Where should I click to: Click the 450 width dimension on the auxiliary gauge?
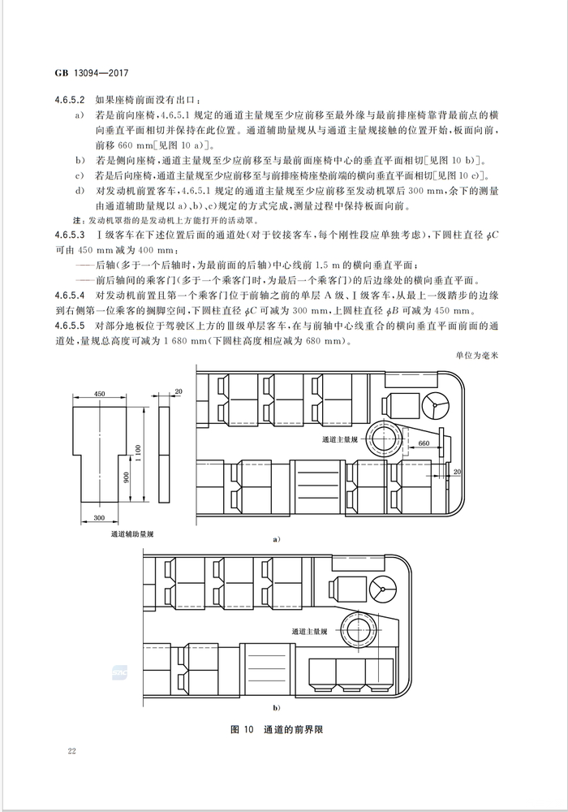pyautogui.click(x=100, y=394)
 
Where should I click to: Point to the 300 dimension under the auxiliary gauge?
pyautogui.click(x=98, y=518)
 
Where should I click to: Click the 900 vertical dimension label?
pyautogui.click(x=127, y=477)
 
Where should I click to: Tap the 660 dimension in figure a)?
pyautogui.click(x=423, y=443)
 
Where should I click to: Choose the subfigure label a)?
pyautogui.click(x=276, y=538)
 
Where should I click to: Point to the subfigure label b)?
pyautogui.click(x=276, y=709)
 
